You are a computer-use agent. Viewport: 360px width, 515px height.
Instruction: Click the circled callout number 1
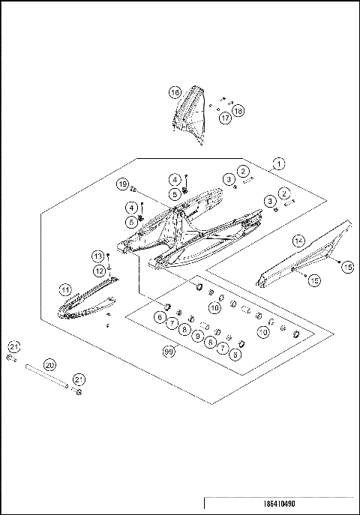pyautogui.click(x=278, y=163)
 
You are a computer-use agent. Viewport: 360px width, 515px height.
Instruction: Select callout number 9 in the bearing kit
pyautogui.click(x=197, y=336)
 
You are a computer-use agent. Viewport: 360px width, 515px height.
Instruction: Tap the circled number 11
pyautogui.click(x=66, y=289)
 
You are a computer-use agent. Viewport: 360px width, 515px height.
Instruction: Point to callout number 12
pyautogui.click(x=99, y=270)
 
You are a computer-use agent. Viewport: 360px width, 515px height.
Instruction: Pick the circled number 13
pyautogui.click(x=98, y=256)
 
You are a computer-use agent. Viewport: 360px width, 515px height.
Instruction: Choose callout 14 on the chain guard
pyautogui.click(x=298, y=240)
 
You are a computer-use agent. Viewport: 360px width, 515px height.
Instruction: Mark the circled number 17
pyautogui.click(x=225, y=118)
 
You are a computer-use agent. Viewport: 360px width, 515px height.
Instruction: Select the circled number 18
pyautogui.click(x=238, y=111)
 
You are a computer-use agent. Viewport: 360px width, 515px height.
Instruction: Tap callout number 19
pyautogui.click(x=122, y=184)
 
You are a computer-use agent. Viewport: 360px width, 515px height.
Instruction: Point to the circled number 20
pyautogui.click(x=50, y=364)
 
